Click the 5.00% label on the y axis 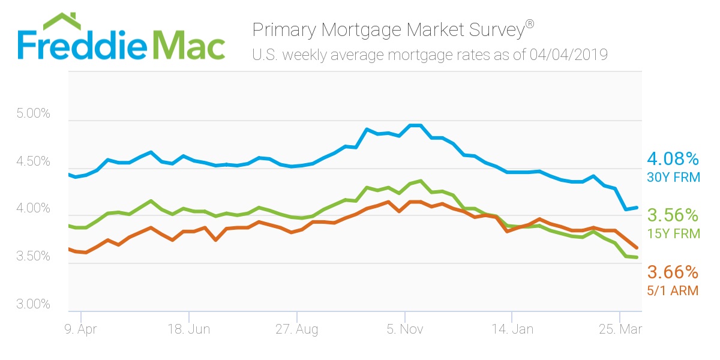coord(34,114)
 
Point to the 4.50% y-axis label coord(34,161)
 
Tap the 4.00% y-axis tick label coord(34,209)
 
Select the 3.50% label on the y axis coord(34,257)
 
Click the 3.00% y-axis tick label coord(34,304)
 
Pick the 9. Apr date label coord(80,329)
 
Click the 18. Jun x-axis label coord(188,329)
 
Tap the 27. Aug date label coord(296,329)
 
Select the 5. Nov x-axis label coord(405,329)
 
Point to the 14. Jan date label coord(512,329)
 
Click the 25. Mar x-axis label coord(619,329)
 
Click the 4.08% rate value coord(673,160)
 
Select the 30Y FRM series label coord(673,178)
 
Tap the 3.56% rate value coord(673,215)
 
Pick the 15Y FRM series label coord(673,234)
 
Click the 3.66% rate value coord(673,272)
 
